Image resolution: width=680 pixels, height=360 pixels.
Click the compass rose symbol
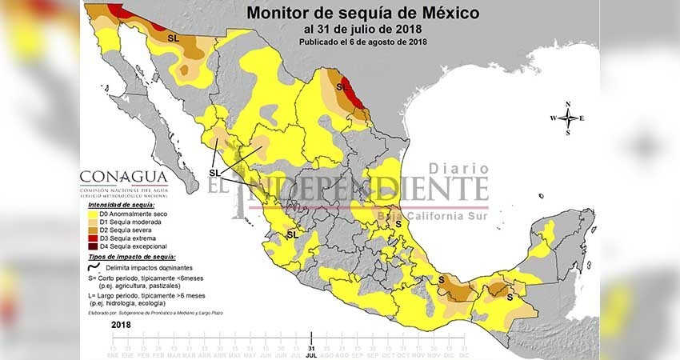coord(567,118)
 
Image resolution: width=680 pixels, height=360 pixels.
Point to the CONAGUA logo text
coord(123,178)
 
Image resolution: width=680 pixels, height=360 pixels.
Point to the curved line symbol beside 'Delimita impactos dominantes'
coord(94,267)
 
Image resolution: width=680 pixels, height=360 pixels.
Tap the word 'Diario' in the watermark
coord(458,169)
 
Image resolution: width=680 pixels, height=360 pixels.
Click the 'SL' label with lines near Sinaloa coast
coord(214,173)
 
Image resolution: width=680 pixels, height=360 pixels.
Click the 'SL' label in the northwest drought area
coord(173,38)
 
